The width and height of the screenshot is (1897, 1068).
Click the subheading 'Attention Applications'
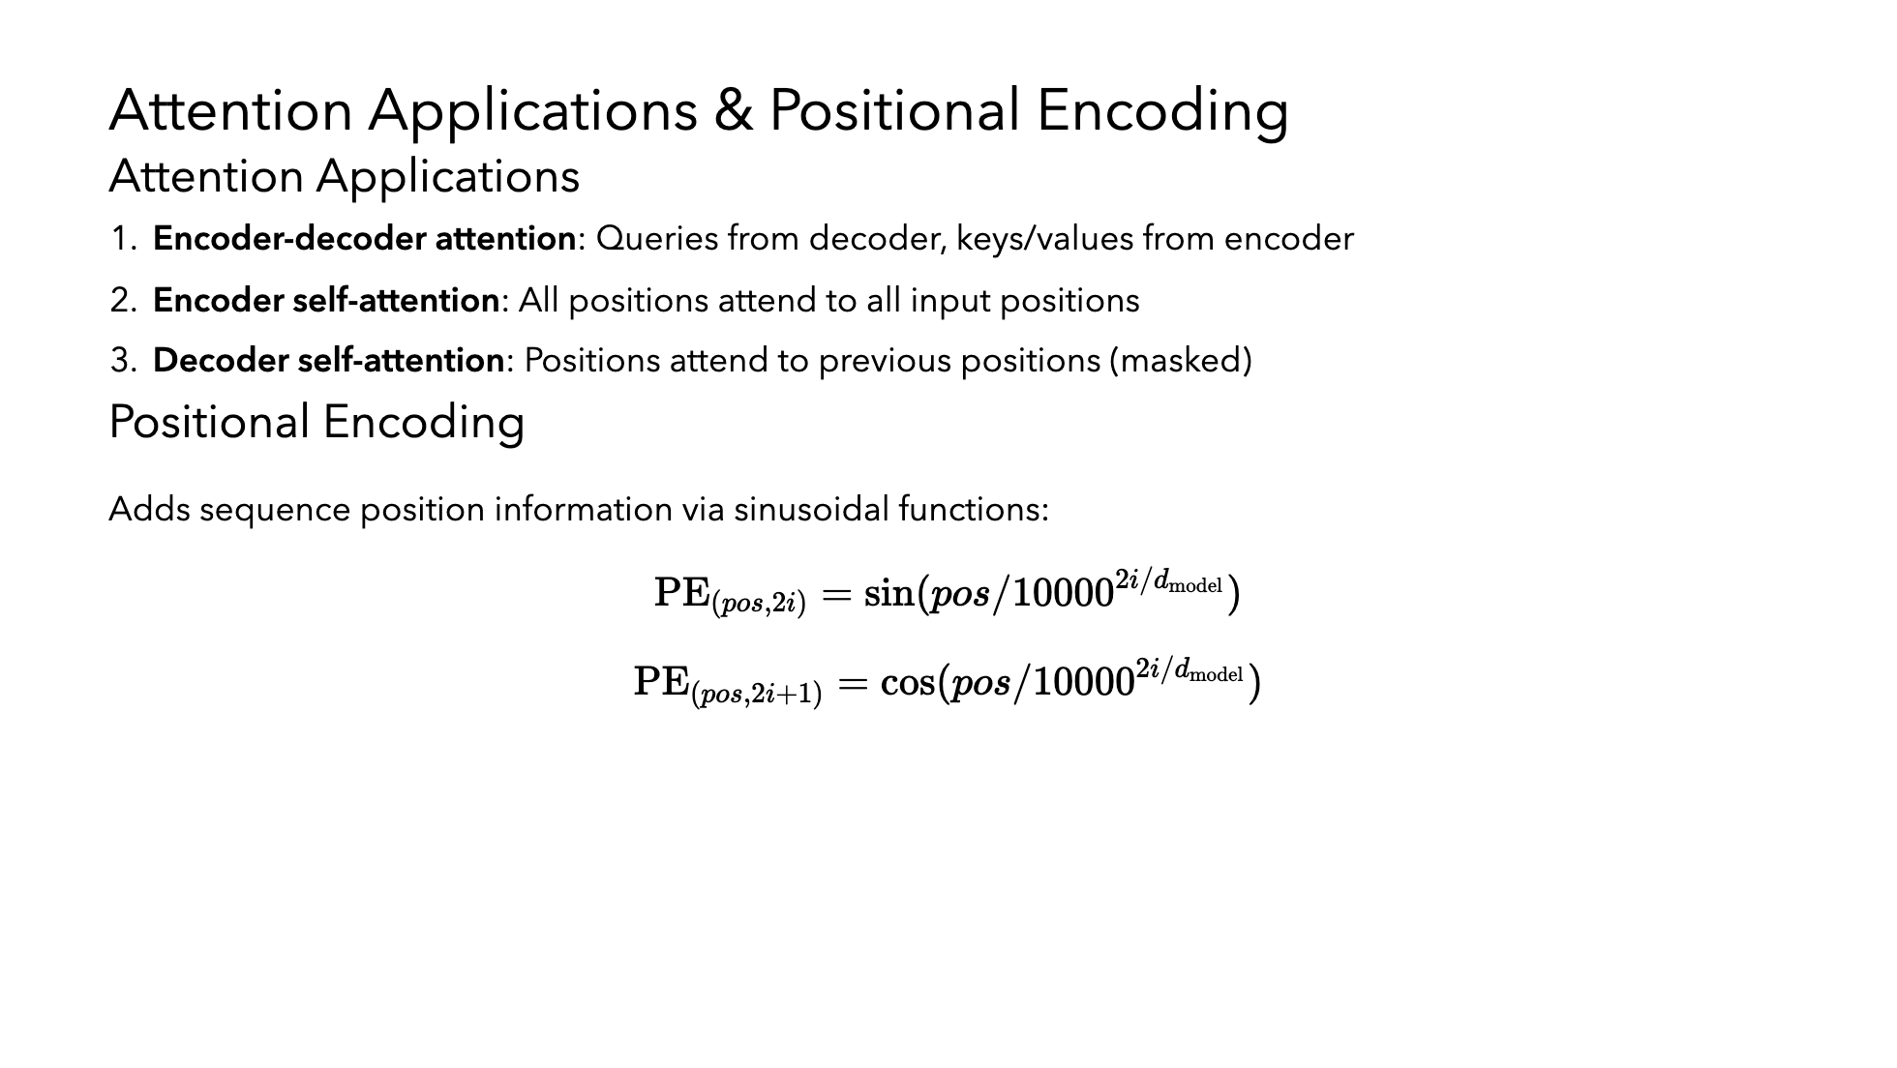[x=345, y=176]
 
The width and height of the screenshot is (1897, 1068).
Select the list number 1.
[x=123, y=239]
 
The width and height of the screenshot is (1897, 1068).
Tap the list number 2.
[x=124, y=301]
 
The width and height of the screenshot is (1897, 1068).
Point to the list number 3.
[x=124, y=361]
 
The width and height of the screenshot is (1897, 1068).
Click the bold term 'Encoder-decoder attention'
[x=365, y=239]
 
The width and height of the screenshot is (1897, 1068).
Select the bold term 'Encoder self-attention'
[x=326, y=301]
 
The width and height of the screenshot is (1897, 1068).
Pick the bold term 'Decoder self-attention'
[x=329, y=361]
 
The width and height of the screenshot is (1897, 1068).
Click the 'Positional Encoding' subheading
[x=316, y=423]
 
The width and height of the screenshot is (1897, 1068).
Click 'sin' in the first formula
[x=888, y=593]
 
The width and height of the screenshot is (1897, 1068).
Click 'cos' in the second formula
[x=908, y=683]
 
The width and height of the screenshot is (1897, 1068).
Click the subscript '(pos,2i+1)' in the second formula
[x=757, y=695]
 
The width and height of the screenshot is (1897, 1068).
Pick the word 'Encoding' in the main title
[x=1162, y=111]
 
